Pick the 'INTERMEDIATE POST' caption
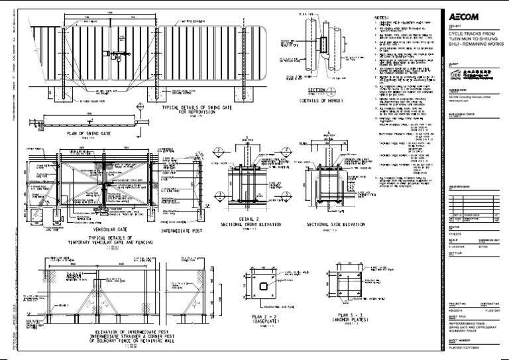tap(176, 232)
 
